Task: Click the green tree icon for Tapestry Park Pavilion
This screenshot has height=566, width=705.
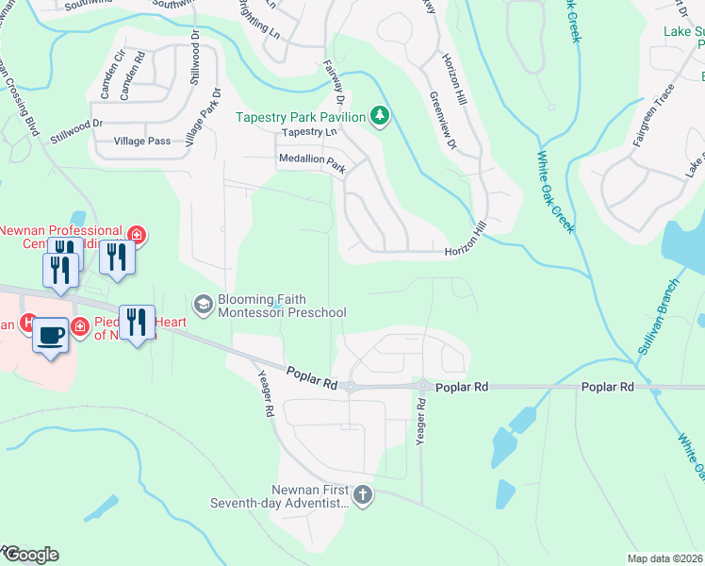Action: [x=380, y=116]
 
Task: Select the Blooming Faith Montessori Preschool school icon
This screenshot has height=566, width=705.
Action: [x=203, y=304]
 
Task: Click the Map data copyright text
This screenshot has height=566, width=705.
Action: [x=664, y=558]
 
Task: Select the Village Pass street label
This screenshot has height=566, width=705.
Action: [x=141, y=141]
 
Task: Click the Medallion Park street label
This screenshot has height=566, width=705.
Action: [x=312, y=161]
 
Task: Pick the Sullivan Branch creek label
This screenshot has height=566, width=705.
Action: [x=657, y=322]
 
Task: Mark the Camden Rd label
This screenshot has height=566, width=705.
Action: [x=139, y=75]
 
